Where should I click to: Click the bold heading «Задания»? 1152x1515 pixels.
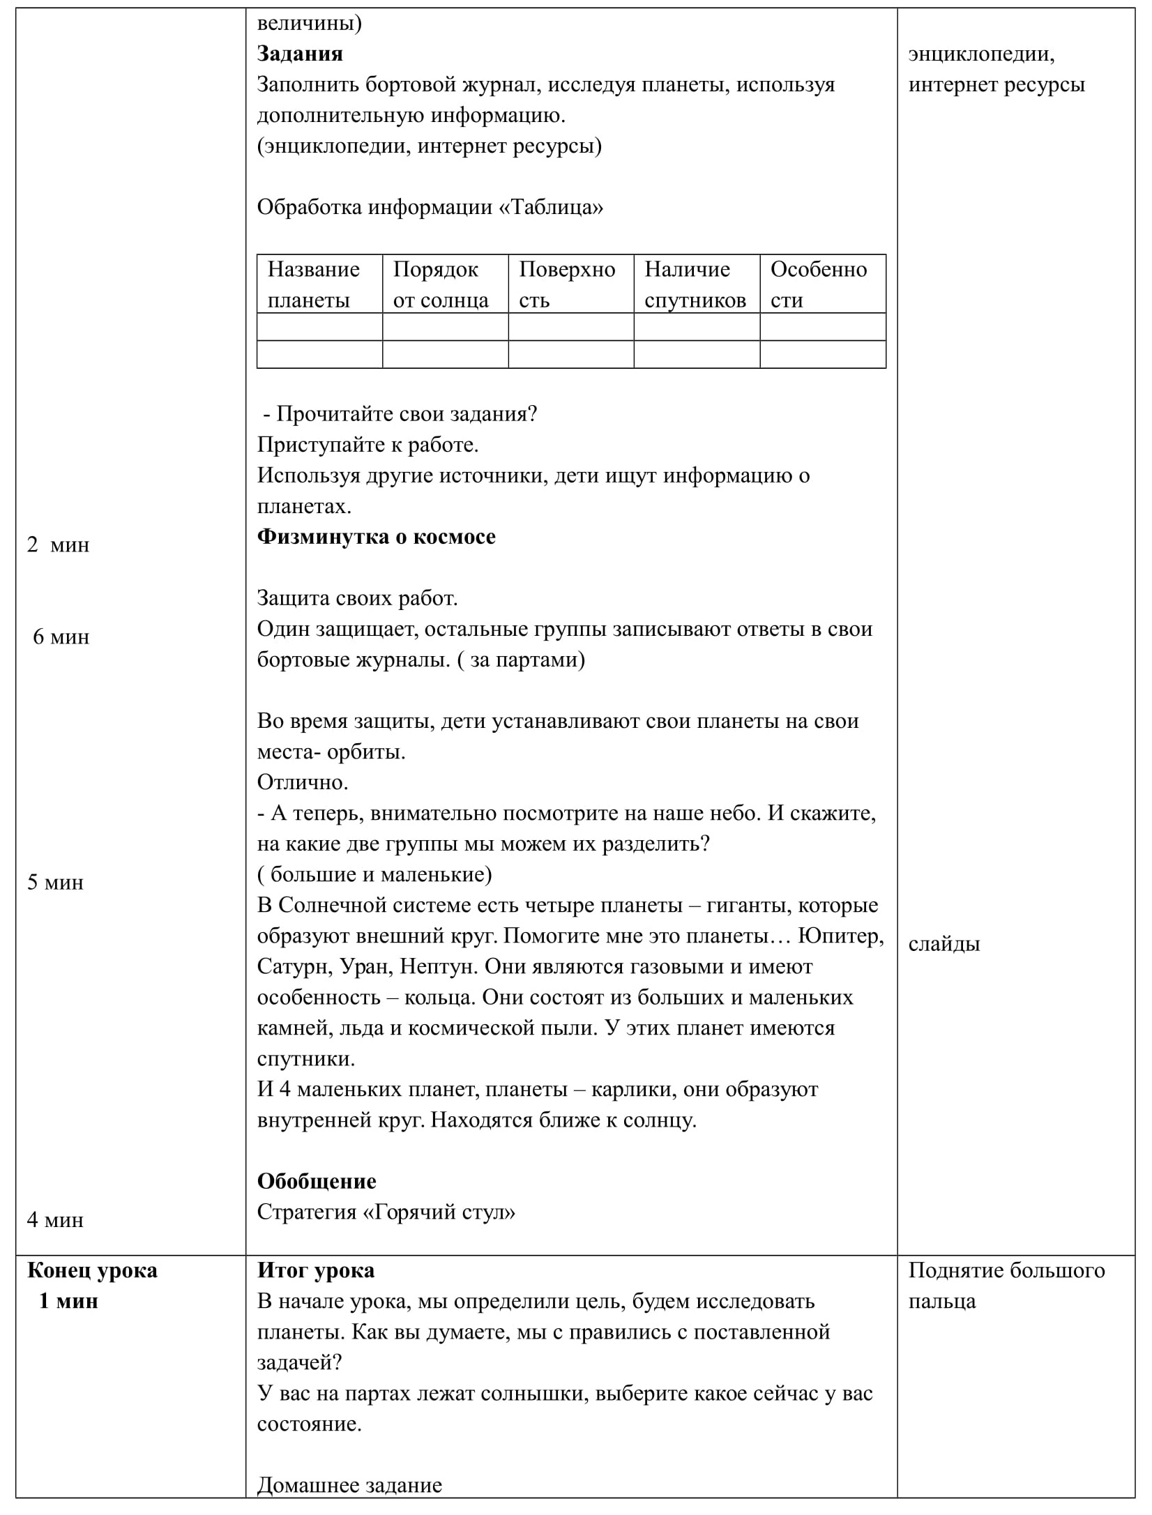coord(300,54)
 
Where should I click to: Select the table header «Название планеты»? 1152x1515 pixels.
coord(313,284)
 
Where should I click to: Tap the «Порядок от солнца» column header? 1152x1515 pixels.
coord(440,284)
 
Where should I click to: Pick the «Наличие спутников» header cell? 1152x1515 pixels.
coord(695,284)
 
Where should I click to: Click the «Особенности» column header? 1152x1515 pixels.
coord(818,284)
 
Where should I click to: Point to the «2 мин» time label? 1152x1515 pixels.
coord(59,545)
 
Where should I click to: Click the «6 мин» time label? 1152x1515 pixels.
coord(61,637)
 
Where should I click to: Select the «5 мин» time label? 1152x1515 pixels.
coord(56,882)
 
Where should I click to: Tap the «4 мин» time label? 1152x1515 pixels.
coord(56,1219)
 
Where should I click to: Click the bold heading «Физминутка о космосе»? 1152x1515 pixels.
coord(377,537)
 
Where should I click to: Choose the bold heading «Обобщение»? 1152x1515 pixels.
coord(317,1181)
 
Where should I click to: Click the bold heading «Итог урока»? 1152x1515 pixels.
coord(316,1270)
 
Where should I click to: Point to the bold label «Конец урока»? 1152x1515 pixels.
coord(92,1270)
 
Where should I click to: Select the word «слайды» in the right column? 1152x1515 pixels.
coord(943,944)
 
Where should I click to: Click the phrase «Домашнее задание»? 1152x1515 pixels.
coord(349,1485)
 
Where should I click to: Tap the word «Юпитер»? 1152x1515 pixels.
coord(841,936)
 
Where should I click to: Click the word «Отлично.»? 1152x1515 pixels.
coord(303,782)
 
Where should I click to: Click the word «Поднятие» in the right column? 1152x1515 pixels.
coord(953,1270)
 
